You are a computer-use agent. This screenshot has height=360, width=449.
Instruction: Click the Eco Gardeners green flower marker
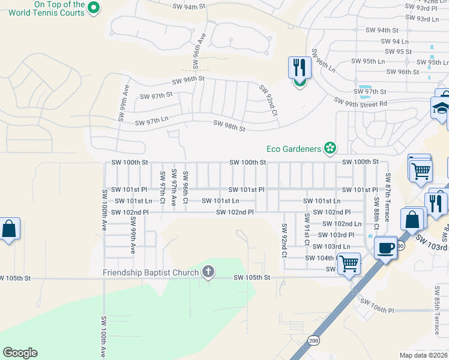(x=330, y=148)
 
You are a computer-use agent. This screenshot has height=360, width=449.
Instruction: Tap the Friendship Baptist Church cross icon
(x=208, y=272)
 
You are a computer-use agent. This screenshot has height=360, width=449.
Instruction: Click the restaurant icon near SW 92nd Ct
(x=299, y=68)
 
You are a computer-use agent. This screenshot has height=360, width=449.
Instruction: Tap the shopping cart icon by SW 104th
(x=348, y=263)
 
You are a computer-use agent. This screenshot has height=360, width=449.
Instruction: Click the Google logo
(x=20, y=352)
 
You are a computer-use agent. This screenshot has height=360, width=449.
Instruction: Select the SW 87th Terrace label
(x=388, y=197)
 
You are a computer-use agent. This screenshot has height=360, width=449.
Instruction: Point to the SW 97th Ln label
(x=151, y=122)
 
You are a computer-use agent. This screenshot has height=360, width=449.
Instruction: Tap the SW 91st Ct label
(x=306, y=230)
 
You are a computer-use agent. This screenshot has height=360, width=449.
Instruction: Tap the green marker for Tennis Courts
(x=92, y=8)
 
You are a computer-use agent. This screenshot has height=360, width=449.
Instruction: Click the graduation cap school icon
(x=440, y=108)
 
